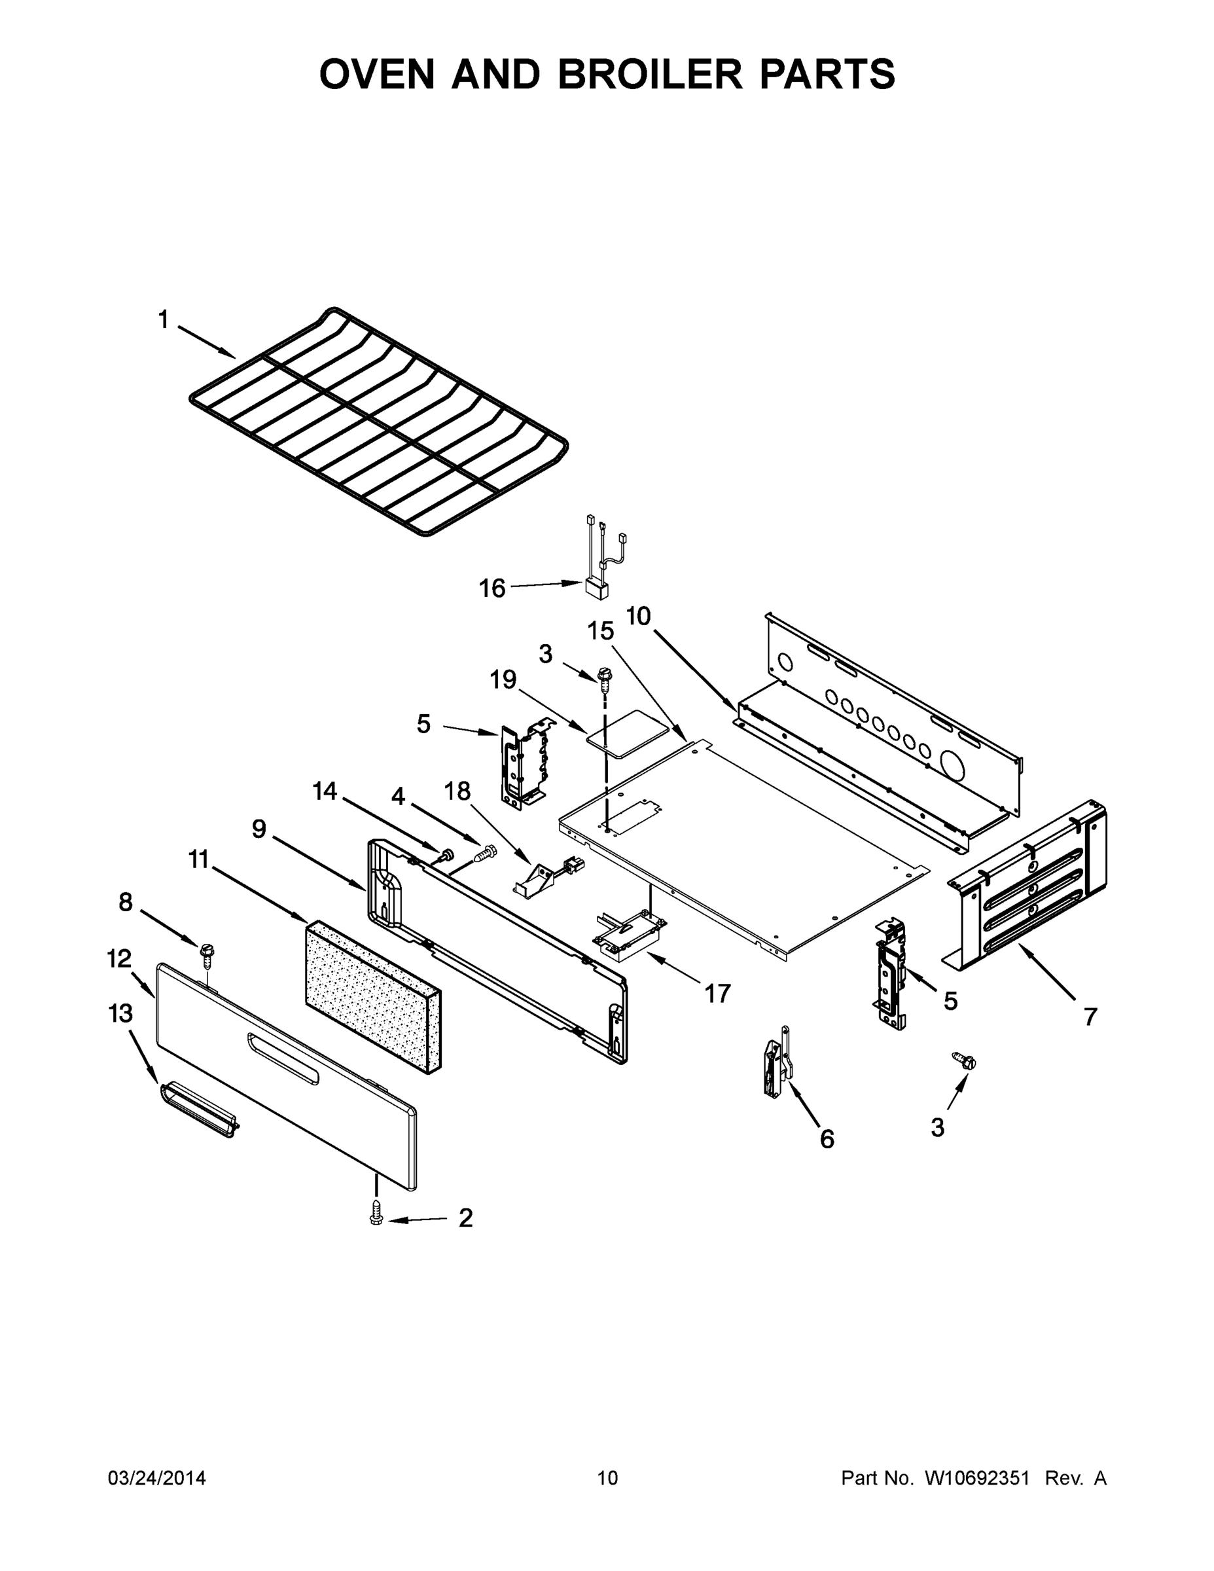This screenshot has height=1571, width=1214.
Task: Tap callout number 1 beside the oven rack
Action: click(164, 320)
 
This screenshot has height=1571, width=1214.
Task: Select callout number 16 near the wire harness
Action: click(493, 588)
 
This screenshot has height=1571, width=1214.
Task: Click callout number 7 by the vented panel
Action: click(1090, 1017)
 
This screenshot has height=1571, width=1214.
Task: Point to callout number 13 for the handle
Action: click(120, 1014)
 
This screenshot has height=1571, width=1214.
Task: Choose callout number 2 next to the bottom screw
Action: click(465, 1218)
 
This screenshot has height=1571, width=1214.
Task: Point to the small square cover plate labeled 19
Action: click(623, 732)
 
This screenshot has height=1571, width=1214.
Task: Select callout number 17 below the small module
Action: click(717, 994)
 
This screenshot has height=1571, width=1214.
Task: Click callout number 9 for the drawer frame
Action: click(259, 829)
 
